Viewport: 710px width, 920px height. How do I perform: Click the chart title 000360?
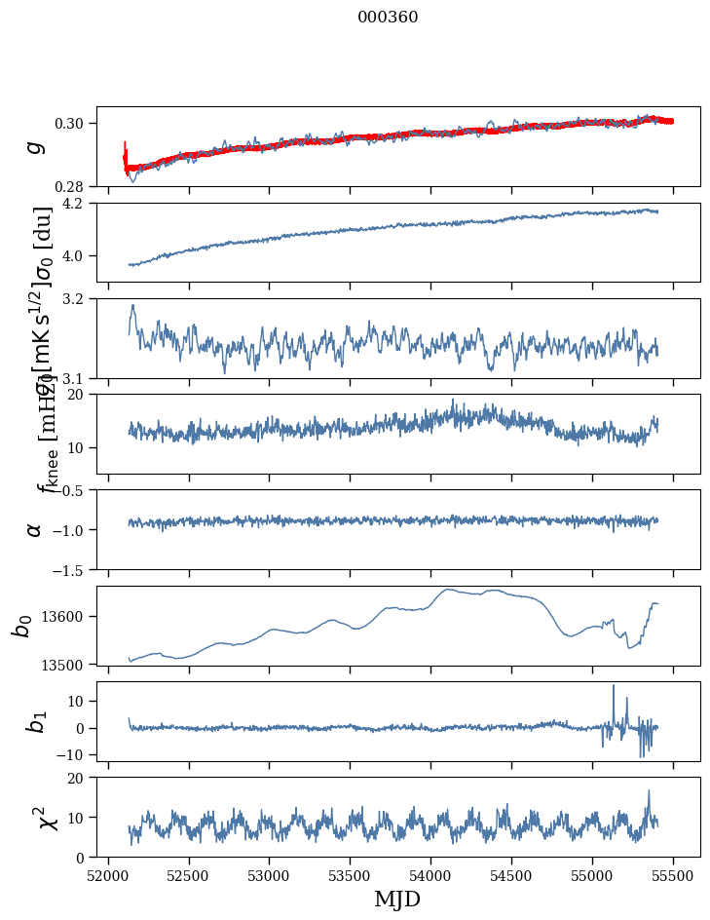point(388,18)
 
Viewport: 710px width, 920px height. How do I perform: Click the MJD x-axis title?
point(397,900)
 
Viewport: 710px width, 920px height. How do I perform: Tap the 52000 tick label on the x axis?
point(108,874)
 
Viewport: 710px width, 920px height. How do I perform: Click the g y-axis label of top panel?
point(36,146)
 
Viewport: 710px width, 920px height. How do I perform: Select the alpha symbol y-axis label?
point(35,528)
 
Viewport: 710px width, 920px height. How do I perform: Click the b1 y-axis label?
point(36,721)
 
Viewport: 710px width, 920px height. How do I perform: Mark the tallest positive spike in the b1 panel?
point(614,686)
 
